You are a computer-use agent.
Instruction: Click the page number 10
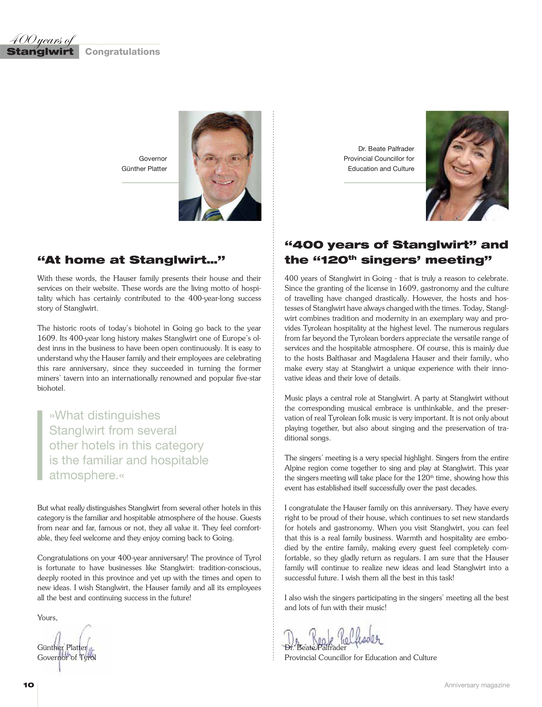(x=29, y=685)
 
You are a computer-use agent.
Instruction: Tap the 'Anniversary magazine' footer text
(x=477, y=685)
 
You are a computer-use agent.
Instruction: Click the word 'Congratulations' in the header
(x=122, y=52)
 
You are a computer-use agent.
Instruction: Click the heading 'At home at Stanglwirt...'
(x=131, y=260)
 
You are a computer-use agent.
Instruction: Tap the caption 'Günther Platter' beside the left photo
(x=144, y=168)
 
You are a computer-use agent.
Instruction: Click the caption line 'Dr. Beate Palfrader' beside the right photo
(x=386, y=149)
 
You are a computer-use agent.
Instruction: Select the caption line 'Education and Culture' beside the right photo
(x=381, y=168)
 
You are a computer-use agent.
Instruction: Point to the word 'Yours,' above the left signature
(x=47, y=618)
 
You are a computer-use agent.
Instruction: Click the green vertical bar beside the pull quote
(x=40, y=445)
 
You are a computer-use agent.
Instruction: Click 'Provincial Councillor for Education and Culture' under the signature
(x=360, y=658)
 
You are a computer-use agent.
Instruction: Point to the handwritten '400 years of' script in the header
(x=42, y=40)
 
